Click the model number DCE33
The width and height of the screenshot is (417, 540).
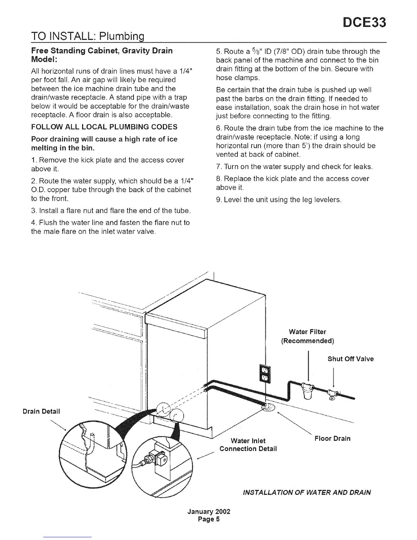(365, 23)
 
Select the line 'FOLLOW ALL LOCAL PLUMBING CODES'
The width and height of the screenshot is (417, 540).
(104, 127)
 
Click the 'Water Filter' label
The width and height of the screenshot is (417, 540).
(307, 332)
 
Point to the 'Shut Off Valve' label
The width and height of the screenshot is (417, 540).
(351, 359)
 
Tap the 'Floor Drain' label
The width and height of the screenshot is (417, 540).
(332, 438)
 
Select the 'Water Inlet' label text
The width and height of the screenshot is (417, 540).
(248, 441)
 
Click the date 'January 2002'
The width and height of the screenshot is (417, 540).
(209, 512)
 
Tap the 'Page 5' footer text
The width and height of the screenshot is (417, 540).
(209, 520)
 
